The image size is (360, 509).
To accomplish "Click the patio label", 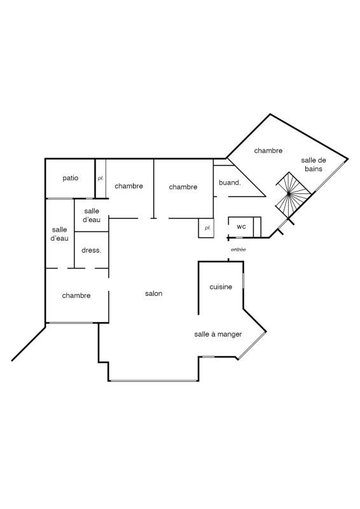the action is click(71, 178).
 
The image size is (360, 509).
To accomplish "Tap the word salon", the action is click(153, 293).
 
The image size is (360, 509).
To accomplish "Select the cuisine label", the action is click(221, 287).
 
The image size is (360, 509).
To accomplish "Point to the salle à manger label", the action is click(218, 335).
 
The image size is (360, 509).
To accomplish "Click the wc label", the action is click(241, 227).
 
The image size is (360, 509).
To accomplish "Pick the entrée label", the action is click(239, 249).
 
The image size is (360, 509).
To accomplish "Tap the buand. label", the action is click(230, 183).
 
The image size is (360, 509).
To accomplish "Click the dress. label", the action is click(92, 250).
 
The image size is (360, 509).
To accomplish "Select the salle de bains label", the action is click(314, 165).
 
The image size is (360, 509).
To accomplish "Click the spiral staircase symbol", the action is click(291, 194).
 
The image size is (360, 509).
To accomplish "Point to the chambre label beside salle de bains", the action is click(268, 151).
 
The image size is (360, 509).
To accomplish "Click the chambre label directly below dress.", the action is click(76, 295).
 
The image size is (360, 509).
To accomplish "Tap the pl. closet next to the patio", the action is click(100, 179).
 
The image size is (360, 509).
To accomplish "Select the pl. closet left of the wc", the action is click(206, 228).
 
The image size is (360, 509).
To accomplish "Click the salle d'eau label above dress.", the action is click(92, 215).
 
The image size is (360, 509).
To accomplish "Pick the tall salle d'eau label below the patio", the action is click(59, 234).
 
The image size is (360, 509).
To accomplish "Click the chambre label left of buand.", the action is click(183, 187).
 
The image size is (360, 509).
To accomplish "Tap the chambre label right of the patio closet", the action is click(129, 186).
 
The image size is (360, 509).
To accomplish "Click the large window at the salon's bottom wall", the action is click(153, 380).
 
